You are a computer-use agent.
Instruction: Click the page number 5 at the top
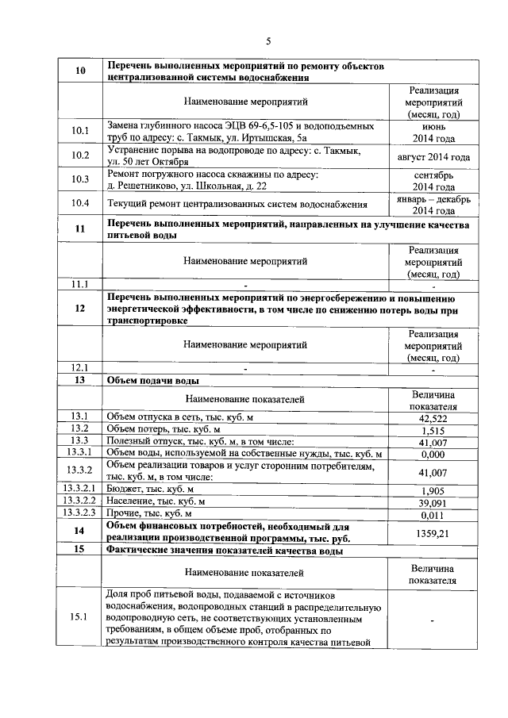[x=267, y=41]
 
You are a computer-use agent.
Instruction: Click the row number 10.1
[x=80, y=132]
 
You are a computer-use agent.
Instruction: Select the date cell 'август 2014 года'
[x=433, y=156]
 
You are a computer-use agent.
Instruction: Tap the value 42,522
[x=433, y=417]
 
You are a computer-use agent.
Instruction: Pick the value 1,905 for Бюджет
[x=433, y=490]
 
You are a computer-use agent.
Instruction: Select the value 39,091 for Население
[x=433, y=501]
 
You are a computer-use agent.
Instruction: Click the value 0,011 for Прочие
[x=433, y=513]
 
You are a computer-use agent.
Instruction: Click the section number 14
[x=80, y=531]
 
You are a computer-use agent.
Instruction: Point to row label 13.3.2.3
[x=80, y=513]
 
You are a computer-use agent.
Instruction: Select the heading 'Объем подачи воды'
[x=148, y=381]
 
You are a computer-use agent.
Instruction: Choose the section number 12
[x=80, y=309]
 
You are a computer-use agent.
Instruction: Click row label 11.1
[x=80, y=283]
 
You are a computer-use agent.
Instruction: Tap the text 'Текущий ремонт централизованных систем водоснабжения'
[x=236, y=203]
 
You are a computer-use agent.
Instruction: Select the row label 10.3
[x=80, y=179]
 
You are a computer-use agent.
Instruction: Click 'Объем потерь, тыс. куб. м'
[x=164, y=429]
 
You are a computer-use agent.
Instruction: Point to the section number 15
[x=80, y=549]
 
